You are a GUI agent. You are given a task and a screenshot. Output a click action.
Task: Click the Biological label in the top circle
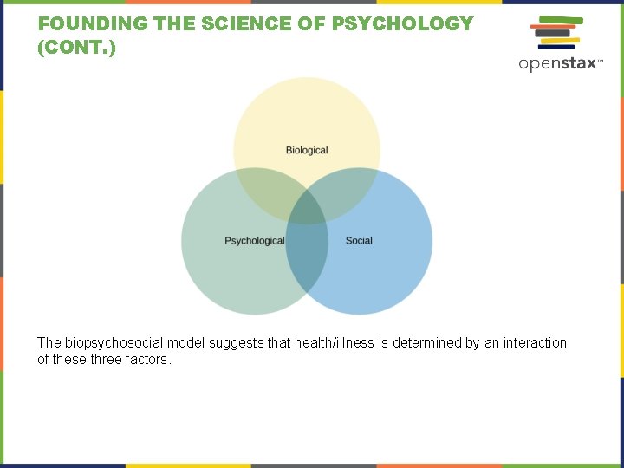pos(307,151)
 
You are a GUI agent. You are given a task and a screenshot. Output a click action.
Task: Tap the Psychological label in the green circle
pos(254,240)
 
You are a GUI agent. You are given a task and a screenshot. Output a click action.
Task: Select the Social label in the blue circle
pos(359,240)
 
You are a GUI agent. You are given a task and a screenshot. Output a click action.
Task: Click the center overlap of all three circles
pos(307,209)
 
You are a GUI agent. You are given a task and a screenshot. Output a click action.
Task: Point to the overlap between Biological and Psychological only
pos(269,191)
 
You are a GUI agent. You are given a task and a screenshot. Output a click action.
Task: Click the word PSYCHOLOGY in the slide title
pos(403,24)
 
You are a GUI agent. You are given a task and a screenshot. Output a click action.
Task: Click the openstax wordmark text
pos(559,63)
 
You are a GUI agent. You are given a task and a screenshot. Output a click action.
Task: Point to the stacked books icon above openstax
pos(556,33)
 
